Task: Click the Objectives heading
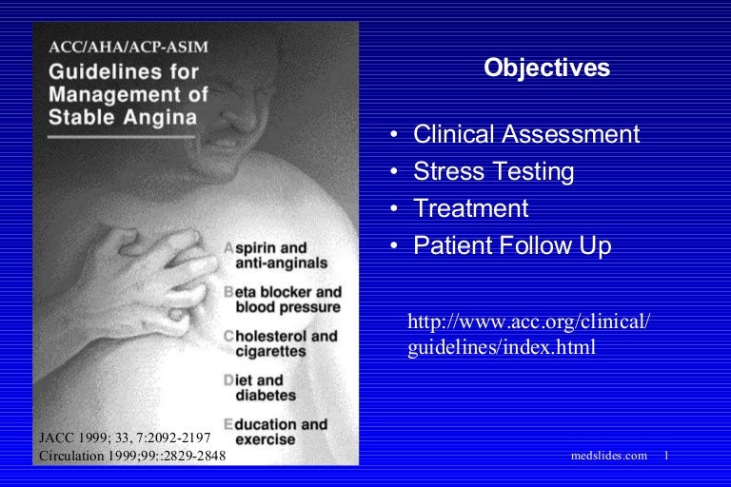pyautogui.click(x=546, y=68)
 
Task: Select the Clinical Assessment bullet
pyautogui.click(x=525, y=134)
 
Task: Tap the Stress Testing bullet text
pyautogui.click(x=493, y=171)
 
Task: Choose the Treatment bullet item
pyautogui.click(x=470, y=208)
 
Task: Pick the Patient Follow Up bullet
pyautogui.click(x=511, y=245)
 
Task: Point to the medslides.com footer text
pyautogui.click(x=608, y=456)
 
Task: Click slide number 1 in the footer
pyautogui.click(x=667, y=456)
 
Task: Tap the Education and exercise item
pyautogui.click(x=275, y=432)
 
